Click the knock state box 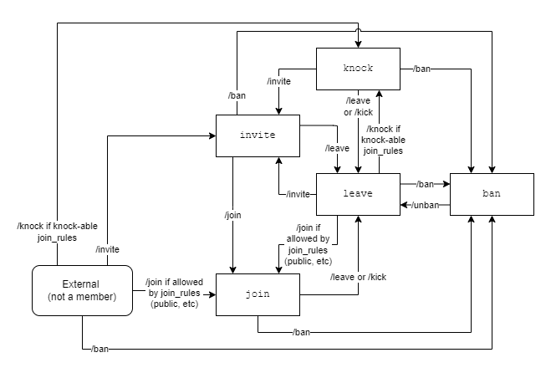tap(358, 69)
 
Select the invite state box tap(258, 135)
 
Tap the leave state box tap(358, 194)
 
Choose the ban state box tap(492, 194)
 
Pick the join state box tap(258, 294)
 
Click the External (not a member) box tap(83, 290)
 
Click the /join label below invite tap(232, 215)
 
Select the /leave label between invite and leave tap(337, 148)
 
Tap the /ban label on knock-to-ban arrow tap(422, 69)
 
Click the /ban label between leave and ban tap(425, 183)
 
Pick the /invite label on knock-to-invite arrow tap(278, 82)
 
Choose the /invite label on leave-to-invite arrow tap(298, 194)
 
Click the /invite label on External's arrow tap(108, 249)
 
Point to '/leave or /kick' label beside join tap(358, 277)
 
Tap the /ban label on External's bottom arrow tap(99, 347)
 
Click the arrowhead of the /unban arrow tap(403, 205)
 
